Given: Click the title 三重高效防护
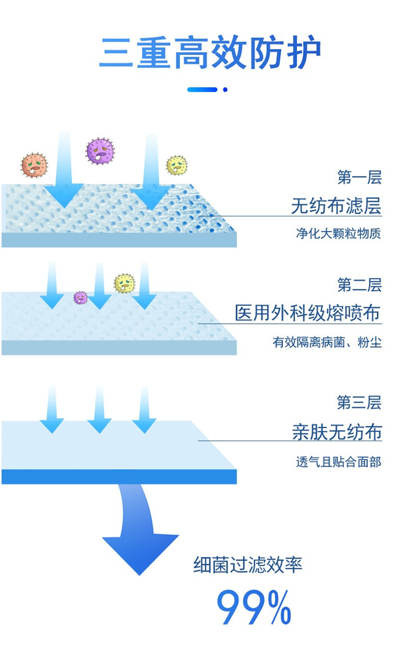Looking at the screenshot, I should coord(210,53).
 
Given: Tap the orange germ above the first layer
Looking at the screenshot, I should coord(34,165).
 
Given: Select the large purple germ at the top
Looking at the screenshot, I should coord(100,151).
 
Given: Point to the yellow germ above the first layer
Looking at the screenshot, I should coord(176,165).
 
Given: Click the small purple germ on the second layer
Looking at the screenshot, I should coord(80,298).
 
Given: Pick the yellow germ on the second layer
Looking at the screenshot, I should coord(124,284).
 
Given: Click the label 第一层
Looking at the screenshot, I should coord(359,178).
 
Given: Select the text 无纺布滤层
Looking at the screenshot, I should coord(336,206).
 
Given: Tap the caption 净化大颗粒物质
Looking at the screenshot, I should coord(338,233).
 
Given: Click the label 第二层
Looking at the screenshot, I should coord(359,285).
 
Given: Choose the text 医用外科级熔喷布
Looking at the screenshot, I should coord(308,313).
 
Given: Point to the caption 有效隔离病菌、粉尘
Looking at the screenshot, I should coord(327,342).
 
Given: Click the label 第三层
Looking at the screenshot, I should coord(359,403).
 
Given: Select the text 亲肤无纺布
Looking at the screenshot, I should coord(336,432).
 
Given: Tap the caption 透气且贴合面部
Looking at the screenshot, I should coord(338,461).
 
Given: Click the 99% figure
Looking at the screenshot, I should coord(253,607).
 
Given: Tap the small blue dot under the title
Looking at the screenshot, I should coord(225,89).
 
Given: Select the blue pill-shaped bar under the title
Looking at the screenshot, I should coord(202,89).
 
